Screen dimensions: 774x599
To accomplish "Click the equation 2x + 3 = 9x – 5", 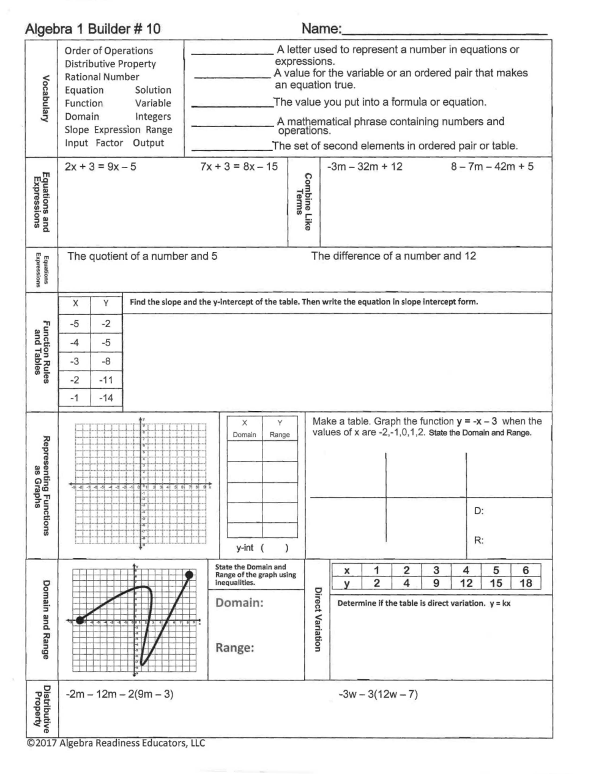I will [100, 167].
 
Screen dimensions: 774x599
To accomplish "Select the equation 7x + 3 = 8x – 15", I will [239, 167].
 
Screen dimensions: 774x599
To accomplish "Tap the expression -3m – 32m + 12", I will [365, 167].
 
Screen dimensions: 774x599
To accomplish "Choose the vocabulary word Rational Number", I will [102, 77].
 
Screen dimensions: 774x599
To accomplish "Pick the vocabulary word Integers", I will [153, 117].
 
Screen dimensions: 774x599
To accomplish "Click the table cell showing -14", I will [106, 398].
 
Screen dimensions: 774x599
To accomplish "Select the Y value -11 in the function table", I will [106, 380].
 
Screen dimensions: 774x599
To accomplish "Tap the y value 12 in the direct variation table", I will [466, 583].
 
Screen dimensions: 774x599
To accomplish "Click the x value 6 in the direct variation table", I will [526, 570].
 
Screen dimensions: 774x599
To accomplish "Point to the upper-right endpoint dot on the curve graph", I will [189, 575].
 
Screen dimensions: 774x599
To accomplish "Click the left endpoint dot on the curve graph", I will [80, 620].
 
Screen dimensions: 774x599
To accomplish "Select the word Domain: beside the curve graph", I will [239, 603].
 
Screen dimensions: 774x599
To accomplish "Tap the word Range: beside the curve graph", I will [234, 648].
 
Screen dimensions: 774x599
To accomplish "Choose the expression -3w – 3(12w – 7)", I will [378, 695].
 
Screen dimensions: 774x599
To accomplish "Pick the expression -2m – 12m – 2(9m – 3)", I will [119, 695].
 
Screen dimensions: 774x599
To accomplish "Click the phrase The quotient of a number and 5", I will [142, 256].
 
